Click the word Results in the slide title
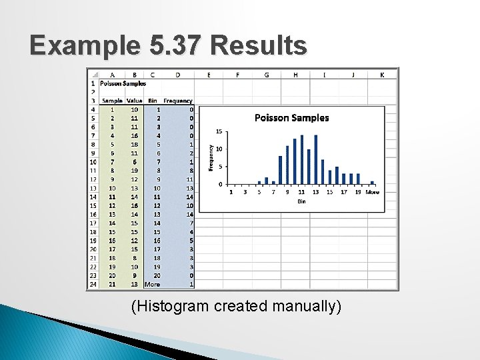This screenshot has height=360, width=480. click(258, 46)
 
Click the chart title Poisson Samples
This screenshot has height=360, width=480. click(292, 118)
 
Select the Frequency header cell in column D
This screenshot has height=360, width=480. click(178, 101)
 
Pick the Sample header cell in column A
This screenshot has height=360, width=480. click(112, 101)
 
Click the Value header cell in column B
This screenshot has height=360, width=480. click(134, 101)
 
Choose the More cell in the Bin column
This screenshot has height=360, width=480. click(152, 284)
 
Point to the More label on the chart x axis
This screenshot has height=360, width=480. click(372, 192)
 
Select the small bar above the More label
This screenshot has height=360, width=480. click(372, 182)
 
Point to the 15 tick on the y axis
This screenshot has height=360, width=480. click(219, 131)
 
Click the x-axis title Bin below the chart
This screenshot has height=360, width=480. click(301, 201)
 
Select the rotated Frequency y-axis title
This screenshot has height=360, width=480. click(211, 157)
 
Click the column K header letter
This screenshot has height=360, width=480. click(382, 75)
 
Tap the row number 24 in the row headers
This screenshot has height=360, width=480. click(93, 284)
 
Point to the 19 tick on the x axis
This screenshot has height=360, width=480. click(358, 192)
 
